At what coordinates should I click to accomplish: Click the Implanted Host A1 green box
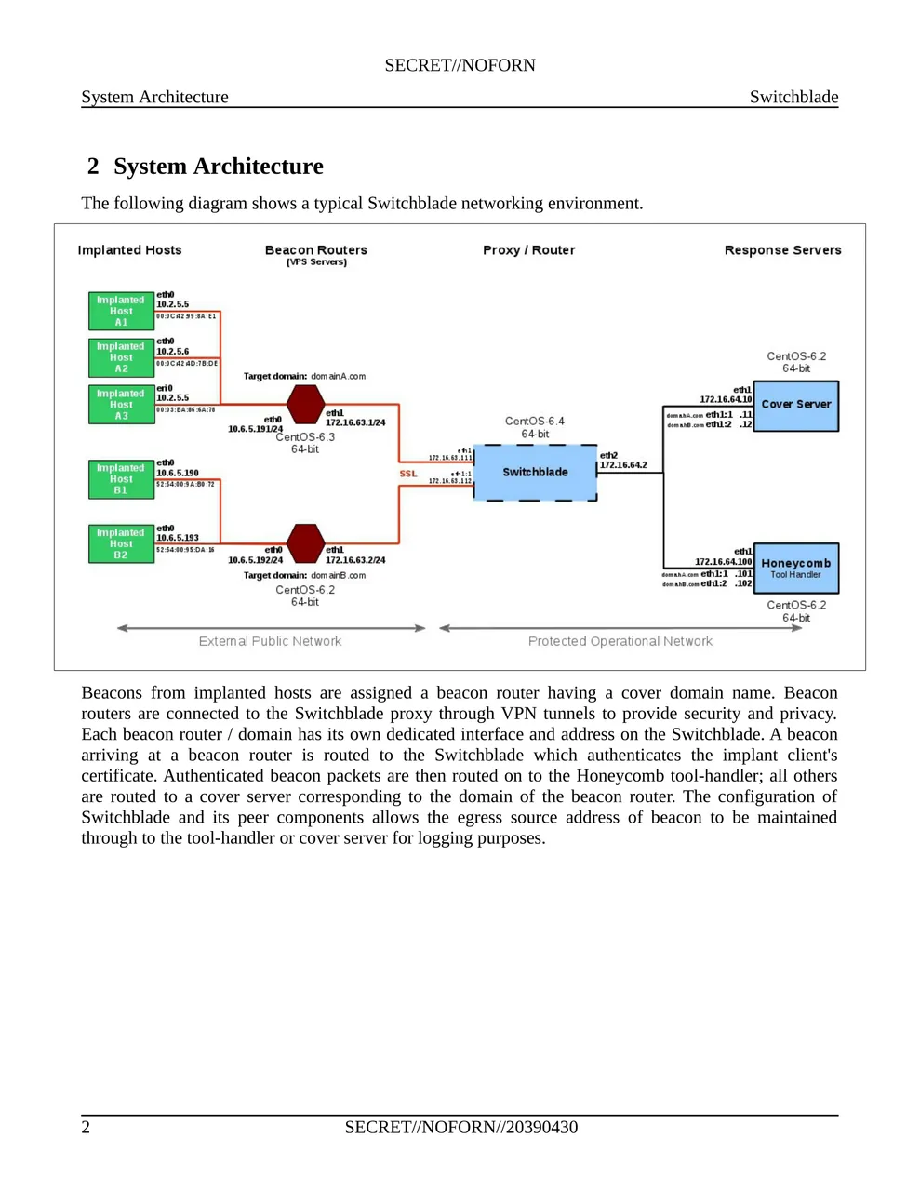[x=121, y=311]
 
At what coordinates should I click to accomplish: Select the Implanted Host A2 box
[x=121, y=357]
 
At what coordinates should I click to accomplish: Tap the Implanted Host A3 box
[x=121, y=405]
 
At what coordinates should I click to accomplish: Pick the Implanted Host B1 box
[x=121, y=479]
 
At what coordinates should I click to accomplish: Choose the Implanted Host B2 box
[x=121, y=544]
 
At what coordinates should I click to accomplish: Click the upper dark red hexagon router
[x=305, y=405]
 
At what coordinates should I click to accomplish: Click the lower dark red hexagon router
[x=305, y=543]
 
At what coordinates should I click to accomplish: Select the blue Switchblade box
[x=535, y=473]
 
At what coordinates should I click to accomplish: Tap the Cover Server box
[x=796, y=406]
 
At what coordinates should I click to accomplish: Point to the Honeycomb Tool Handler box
[x=796, y=568]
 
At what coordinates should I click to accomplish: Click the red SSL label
[x=408, y=474]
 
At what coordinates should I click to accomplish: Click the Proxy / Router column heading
[x=528, y=250]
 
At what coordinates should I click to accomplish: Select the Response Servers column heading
[x=782, y=250]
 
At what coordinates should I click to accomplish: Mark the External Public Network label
[x=270, y=641]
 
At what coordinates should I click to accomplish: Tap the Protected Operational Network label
[x=620, y=641]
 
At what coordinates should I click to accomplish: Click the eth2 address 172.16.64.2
[x=623, y=465]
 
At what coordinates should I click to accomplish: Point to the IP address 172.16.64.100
[x=723, y=562]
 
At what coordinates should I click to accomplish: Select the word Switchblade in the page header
[x=793, y=97]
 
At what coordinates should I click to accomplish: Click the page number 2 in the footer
[x=87, y=1128]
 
